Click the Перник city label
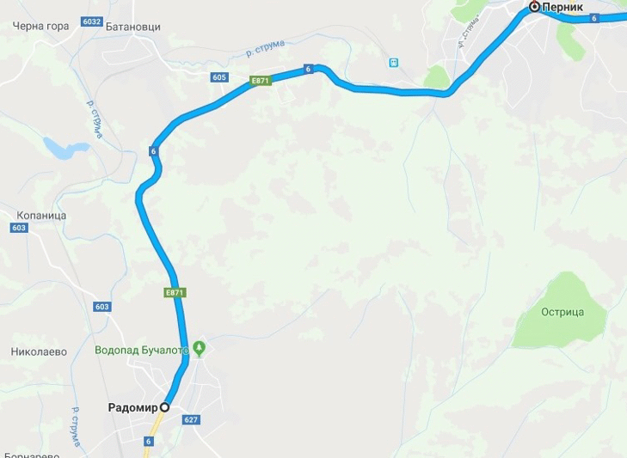(563, 7)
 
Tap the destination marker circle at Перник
(534, 7)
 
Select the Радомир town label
(133, 407)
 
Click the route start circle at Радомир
(164, 407)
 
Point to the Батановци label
(132, 27)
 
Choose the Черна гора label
(40, 26)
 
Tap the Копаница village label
(41, 215)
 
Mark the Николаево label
(40, 351)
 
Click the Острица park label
(562, 312)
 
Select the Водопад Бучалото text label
(140, 349)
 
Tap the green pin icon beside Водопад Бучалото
(200, 348)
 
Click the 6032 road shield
(92, 21)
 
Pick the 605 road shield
(218, 77)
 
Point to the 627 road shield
(191, 419)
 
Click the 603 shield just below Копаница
(19, 228)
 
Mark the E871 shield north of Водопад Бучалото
(175, 292)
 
